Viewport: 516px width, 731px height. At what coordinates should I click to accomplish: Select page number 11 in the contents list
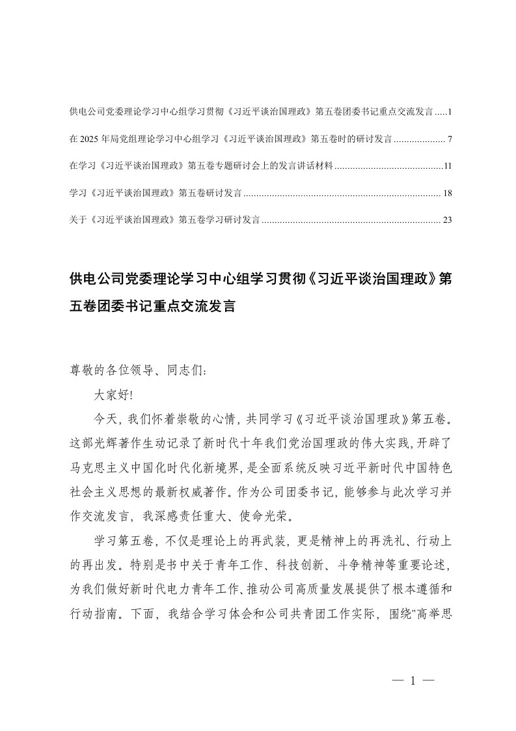pyautogui.click(x=447, y=167)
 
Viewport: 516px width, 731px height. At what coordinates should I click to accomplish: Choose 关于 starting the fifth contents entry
pyautogui.click(x=77, y=220)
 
